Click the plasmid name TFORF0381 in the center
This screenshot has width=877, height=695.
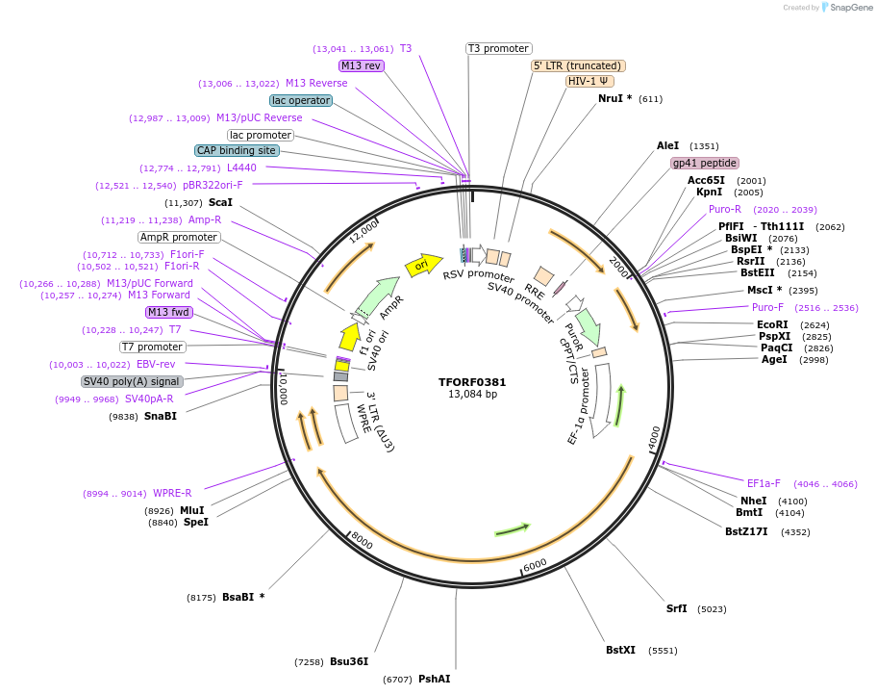point(472,381)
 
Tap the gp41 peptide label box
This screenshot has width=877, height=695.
point(705,163)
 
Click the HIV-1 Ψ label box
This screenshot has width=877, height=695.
point(589,81)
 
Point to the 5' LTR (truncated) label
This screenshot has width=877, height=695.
point(579,65)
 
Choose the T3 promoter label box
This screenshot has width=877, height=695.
point(498,48)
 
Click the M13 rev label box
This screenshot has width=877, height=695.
point(362,65)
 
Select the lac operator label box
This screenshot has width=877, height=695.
point(301,100)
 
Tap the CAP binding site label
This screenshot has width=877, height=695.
point(238,150)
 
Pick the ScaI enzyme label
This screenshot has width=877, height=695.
point(220,202)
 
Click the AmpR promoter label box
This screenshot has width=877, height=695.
point(178,237)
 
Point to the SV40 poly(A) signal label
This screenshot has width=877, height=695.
point(132,381)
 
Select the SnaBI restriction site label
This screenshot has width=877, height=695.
point(161,416)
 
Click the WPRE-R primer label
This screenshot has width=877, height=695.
point(172,493)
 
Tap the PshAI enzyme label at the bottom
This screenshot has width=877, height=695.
point(434,679)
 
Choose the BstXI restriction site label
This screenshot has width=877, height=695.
point(620,650)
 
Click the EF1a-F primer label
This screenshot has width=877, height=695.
point(764,483)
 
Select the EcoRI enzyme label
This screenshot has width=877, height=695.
point(772,324)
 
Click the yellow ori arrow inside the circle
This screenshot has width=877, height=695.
point(421,265)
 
